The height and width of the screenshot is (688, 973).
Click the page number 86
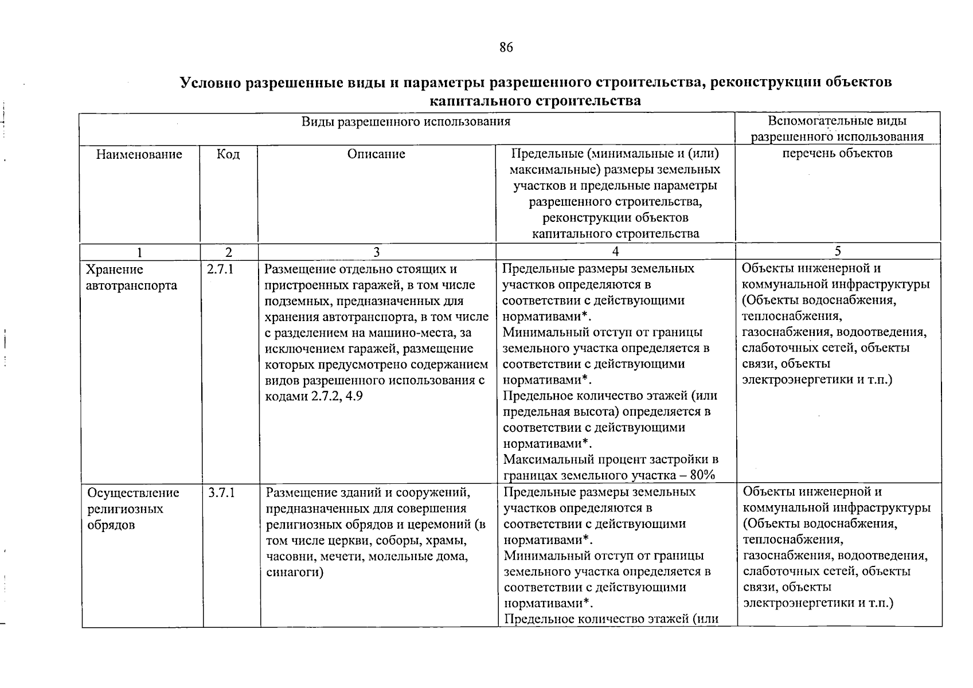tap(506, 48)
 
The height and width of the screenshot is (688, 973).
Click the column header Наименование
tap(139, 154)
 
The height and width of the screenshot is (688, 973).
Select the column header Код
tap(228, 154)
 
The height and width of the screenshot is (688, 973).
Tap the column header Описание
tap(376, 154)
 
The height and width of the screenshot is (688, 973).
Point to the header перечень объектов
tap(837, 153)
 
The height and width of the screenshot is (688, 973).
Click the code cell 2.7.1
tap(220, 269)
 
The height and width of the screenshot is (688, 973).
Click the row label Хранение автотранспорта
tap(123, 277)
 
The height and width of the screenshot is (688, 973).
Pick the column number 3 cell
tap(376, 252)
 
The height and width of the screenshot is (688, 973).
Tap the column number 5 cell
tap(838, 251)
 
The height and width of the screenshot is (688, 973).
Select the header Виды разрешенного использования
tap(406, 122)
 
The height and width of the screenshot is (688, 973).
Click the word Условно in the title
tap(210, 82)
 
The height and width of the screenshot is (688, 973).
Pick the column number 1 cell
tap(139, 252)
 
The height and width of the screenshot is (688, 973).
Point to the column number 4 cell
tap(615, 251)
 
